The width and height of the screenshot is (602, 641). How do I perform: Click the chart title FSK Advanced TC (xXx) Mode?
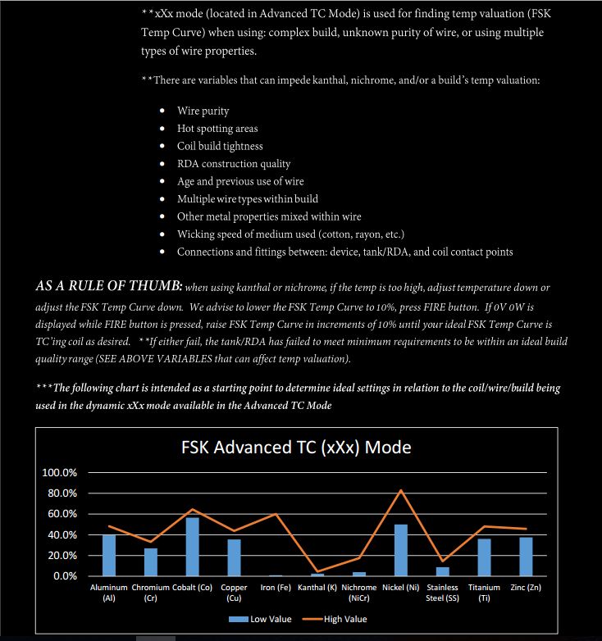pyautogui.click(x=296, y=448)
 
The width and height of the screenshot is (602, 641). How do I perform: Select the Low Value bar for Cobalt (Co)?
pyautogui.click(x=192, y=547)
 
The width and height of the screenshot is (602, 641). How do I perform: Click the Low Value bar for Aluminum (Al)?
pyautogui.click(x=109, y=555)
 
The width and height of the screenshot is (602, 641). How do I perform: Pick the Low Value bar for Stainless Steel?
pyautogui.click(x=443, y=571)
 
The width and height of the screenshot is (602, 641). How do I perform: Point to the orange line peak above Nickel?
pyautogui.click(x=401, y=490)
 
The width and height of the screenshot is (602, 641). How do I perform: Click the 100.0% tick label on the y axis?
pyautogui.click(x=59, y=473)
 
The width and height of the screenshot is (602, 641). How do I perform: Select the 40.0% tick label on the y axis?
pyautogui.click(x=59, y=534)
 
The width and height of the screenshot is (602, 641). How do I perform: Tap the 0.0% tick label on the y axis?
pyautogui.click(x=62, y=576)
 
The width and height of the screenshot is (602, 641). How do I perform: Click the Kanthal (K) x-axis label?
pyautogui.click(x=317, y=588)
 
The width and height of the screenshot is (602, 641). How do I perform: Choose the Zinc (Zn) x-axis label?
pyautogui.click(x=526, y=588)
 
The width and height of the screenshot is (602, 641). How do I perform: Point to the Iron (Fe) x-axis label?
pyautogui.click(x=276, y=588)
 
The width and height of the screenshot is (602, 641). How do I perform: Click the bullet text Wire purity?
pyautogui.click(x=203, y=111)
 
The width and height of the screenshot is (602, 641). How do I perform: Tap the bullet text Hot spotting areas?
pyautogui.click(x=217, y=129)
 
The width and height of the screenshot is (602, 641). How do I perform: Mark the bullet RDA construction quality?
pyautogui.click(x=234, y=164)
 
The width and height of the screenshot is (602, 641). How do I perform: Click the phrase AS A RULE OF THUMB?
pyautogui.click(x=108, y=287)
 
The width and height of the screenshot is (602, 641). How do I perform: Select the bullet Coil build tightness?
pyautogui.click(x=220, y=146)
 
